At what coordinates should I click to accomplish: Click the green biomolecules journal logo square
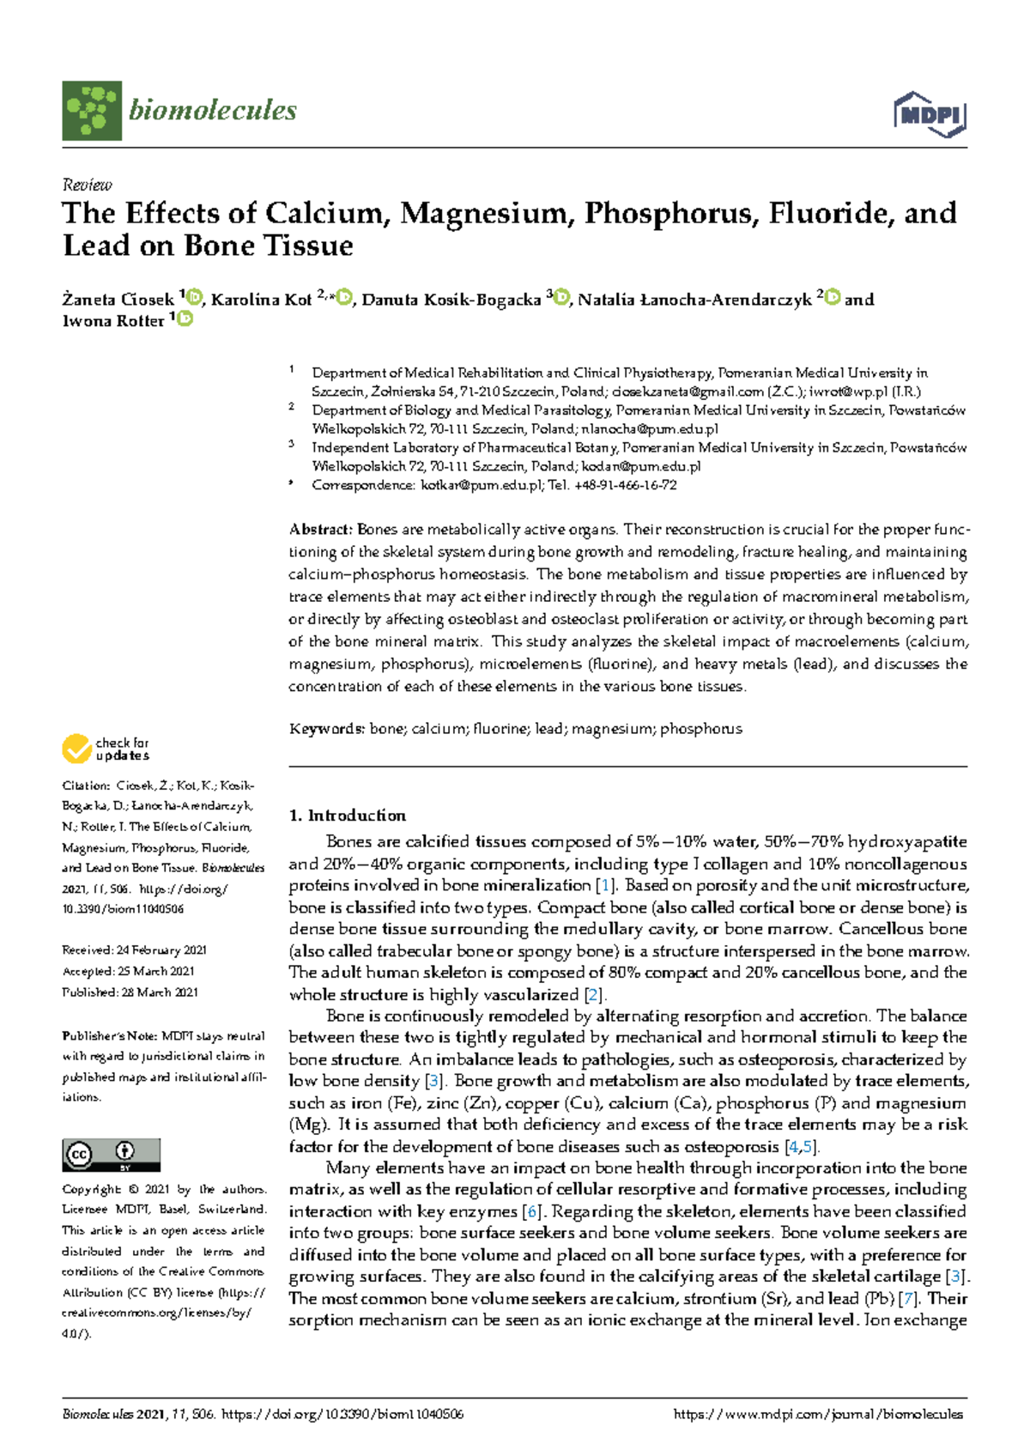[92, 111]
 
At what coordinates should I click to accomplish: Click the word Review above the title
[87, 185]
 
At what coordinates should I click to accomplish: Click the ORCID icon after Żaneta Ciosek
[194, 298]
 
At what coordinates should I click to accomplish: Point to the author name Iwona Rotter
[112, 321]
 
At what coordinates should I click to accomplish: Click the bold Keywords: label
[327, 729]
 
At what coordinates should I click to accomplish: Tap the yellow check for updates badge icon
[76, 749]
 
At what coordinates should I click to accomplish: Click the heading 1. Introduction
[347, 816]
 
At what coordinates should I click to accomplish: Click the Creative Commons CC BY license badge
[111, 1155]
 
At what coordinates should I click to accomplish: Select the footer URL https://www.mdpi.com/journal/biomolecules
[818, 1415]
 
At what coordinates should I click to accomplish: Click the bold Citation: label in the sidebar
[85, 786]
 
